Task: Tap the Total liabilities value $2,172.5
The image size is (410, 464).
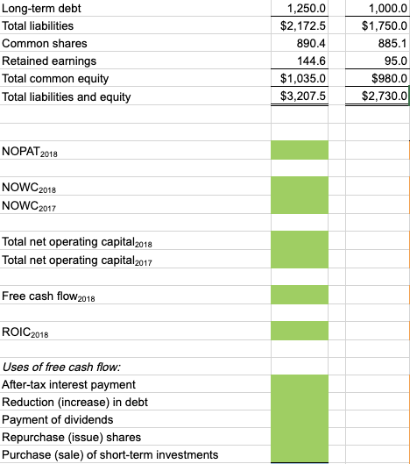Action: pos(302,25)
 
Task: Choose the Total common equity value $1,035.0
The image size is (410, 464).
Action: pos(302,78)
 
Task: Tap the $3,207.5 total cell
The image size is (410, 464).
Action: pos(302,96)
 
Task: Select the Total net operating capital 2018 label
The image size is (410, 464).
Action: pos(78,241)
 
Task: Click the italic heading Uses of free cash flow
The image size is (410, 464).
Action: pos(61,367)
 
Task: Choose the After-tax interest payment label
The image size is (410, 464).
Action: pos(69,384)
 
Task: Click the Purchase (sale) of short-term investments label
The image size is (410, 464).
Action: pos(110,453)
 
